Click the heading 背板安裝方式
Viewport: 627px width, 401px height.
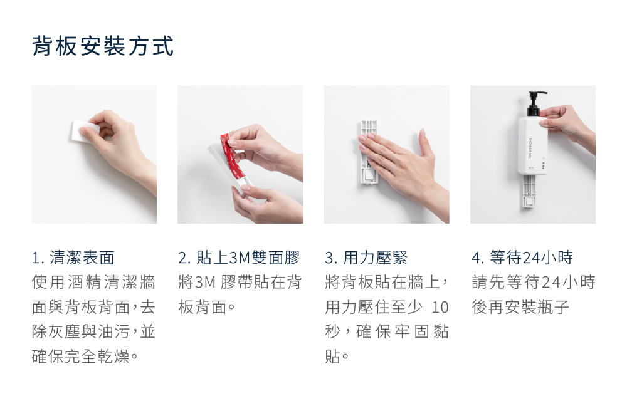[103, 46]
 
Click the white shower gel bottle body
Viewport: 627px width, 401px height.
[532, 145]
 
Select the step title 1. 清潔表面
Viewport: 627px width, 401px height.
[73, 258]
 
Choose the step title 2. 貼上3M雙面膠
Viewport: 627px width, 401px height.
[239, 258]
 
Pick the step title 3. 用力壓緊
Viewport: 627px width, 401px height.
[366, 258]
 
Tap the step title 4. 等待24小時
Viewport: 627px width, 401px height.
[522, 258]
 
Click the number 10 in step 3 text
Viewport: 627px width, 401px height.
[440, 307]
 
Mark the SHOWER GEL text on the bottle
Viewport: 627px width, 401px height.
[530, 147]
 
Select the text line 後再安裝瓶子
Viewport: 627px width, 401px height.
[520, 307]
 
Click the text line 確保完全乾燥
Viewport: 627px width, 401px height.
[85, 357]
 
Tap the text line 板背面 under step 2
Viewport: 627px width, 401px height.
[207, 307]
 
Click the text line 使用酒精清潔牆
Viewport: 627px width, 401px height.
[93, 283]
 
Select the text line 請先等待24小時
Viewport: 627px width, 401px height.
[534, 283]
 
